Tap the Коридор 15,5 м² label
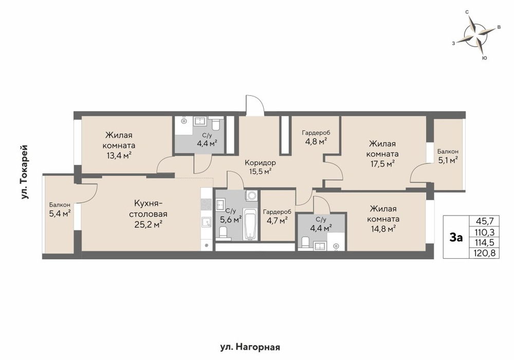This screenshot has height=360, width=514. [x=260, y=167]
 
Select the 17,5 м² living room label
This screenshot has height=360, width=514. [x=382, y=154]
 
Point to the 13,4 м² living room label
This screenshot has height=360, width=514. [x=119, y=145]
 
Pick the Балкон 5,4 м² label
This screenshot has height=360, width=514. [x=60, y=210]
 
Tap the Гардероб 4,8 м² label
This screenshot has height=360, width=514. [x=316, y=137]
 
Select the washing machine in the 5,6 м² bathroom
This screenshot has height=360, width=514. [x=251, y=196]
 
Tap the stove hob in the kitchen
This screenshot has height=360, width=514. [x=207, y=204]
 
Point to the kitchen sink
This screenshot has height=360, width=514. [x=207, y=223]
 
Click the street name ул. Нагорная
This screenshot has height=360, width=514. [x=250, y=347]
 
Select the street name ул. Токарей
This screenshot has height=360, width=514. [x=25, y=172]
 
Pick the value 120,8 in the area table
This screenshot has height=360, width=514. [x=485, y=253]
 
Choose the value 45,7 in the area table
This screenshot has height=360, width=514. [x=485, y=221]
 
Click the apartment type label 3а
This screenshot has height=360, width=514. [x=456, y=238]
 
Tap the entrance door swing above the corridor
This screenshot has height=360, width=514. [x=255, y=105]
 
